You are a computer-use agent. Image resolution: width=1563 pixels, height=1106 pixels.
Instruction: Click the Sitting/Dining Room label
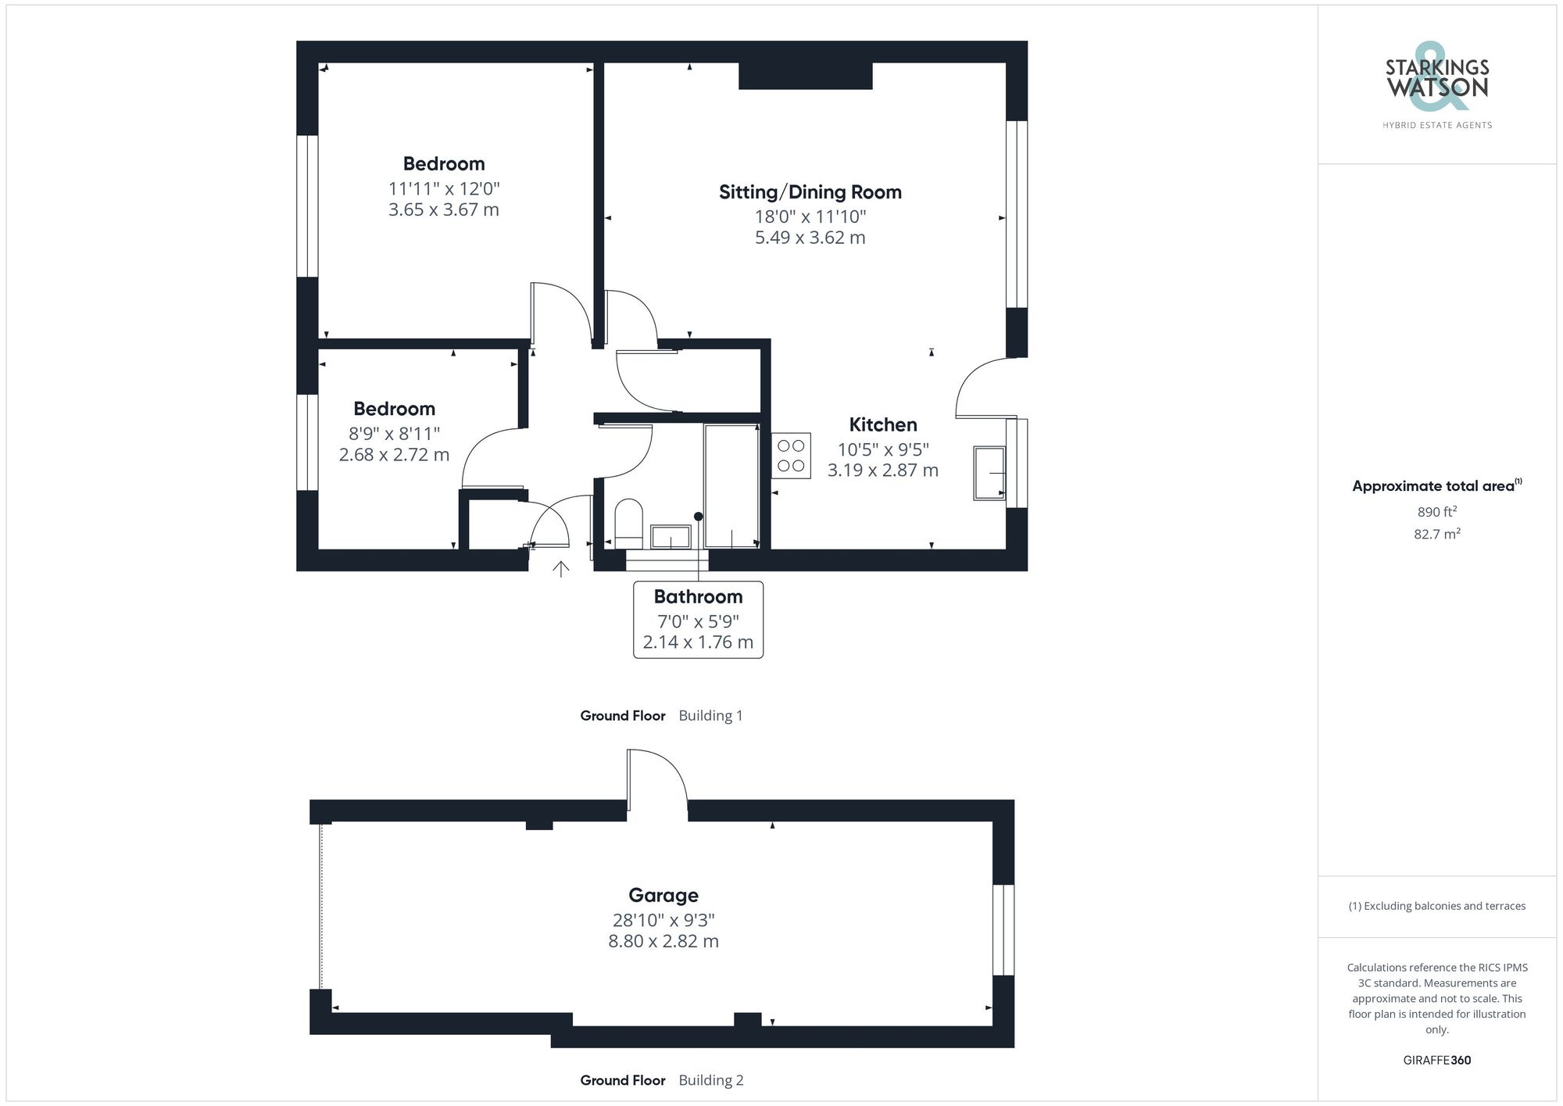point(810,192)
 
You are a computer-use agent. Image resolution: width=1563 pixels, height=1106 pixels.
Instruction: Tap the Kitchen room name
point(882,425)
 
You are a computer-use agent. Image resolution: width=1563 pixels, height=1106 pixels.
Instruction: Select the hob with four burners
point(791,456)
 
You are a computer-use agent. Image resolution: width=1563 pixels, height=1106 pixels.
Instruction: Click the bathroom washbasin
point(671,537)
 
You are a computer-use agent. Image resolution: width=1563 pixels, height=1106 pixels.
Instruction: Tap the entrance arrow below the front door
point(561,568)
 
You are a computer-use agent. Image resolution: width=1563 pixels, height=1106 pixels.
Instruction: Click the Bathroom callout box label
point(698,597)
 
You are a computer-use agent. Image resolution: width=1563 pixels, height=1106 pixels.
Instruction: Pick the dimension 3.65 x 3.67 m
point(443,209)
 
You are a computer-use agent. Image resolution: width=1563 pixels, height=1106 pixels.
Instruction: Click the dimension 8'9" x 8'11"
point(394,434)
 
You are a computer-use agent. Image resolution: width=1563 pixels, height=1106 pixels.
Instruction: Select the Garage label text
point(663,896)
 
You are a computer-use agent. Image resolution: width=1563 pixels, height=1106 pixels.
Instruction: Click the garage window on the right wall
point(1003,929)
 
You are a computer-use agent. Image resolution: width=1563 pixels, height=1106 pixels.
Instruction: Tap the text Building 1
point(710,716)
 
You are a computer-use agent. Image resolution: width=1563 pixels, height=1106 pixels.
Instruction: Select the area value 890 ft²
point(1436,512)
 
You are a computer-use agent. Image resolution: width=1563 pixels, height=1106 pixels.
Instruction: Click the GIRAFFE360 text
point(1436,1061)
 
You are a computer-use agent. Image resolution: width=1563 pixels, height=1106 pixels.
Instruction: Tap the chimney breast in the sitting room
point(805,76)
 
